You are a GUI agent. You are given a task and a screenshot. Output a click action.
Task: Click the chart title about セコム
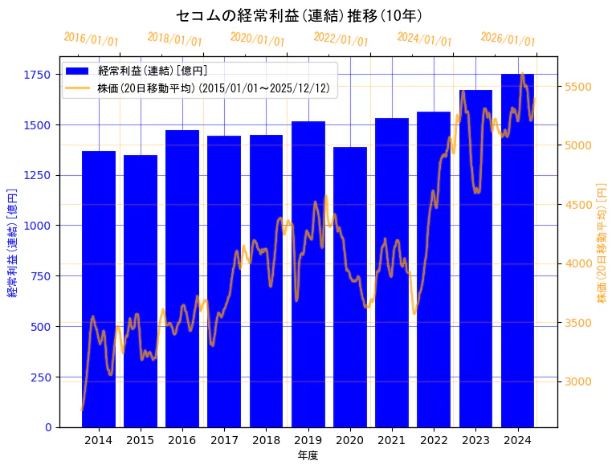click(299, 16)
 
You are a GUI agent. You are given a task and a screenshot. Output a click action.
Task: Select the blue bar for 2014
click(99, 289)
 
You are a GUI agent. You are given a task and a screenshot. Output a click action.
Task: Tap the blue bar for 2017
click(224, 281)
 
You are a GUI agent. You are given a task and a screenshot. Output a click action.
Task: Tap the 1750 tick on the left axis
click(37, 75)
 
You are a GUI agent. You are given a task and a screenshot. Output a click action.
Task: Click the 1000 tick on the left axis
click(37, 226)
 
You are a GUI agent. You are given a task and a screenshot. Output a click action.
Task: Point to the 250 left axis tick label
click(40, 377)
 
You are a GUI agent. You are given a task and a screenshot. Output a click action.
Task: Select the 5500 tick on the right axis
click(579, 87)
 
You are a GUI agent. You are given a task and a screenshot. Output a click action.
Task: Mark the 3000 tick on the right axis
click(579, 381)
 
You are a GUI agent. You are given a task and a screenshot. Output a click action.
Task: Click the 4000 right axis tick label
click(579, 263)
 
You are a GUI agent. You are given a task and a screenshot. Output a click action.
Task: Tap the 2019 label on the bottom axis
click(308, 440)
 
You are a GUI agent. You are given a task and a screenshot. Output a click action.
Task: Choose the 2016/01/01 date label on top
click(91, 39)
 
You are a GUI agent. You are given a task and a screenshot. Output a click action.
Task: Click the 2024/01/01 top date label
click(424, 40)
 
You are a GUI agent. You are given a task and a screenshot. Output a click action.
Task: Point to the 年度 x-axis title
click(308, 455)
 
